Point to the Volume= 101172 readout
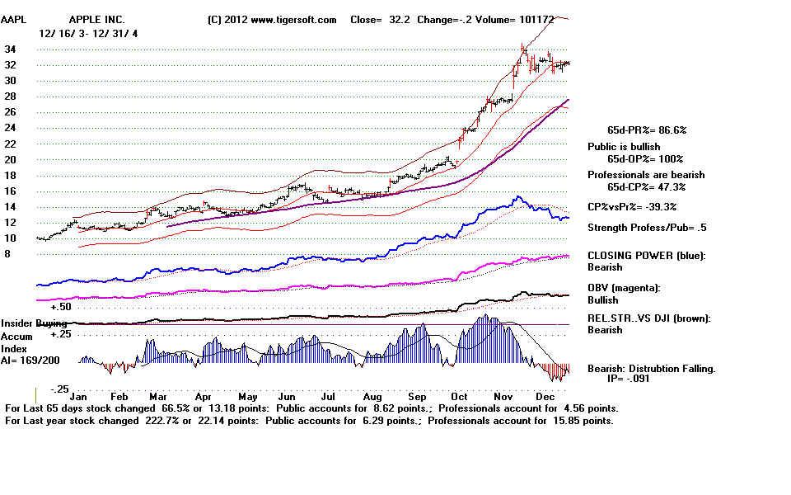535,19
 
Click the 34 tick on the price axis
12,49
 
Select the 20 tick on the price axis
12,159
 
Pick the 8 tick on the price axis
8,254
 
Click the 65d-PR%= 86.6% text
647,130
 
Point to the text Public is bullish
624,147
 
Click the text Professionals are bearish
646,175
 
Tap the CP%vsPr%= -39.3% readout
637,206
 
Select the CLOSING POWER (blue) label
645,256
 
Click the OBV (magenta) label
625,288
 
